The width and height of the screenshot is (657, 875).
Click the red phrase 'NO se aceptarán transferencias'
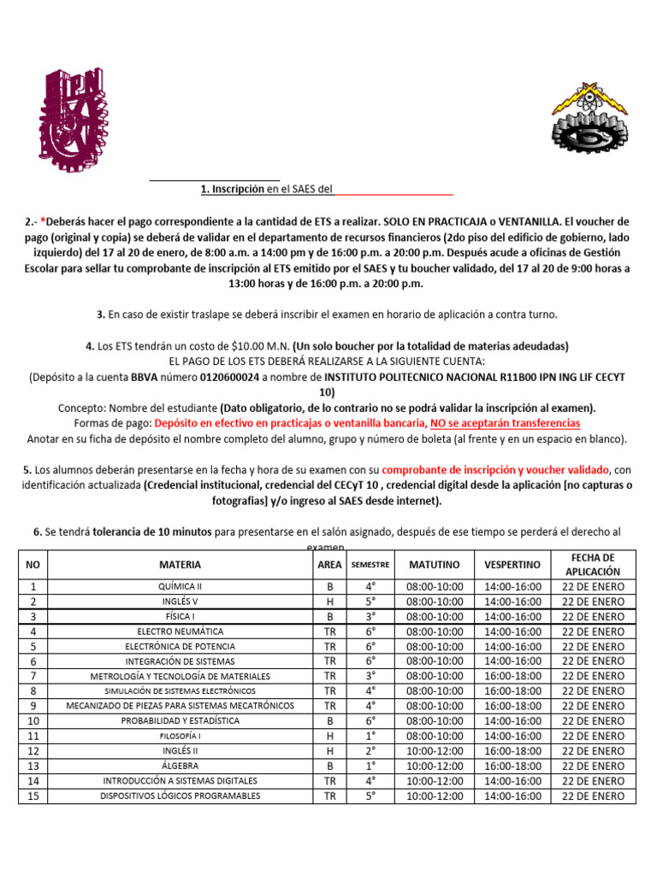[505, 423]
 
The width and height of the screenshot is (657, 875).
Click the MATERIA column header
[180, 565]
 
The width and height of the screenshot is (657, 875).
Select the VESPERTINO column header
[512, 565]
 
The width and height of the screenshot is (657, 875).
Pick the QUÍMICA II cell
[180, 587]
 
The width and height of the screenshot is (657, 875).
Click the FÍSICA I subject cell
[180, 616]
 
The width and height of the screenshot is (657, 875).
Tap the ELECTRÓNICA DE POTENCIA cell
[180, 646]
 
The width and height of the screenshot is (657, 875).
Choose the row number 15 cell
[33, 796]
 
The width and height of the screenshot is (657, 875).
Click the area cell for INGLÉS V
[329, 602]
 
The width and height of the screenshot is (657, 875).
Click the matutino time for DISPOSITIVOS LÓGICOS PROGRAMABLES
[435, 796]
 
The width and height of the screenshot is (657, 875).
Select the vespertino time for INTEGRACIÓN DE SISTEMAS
[512, 661]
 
